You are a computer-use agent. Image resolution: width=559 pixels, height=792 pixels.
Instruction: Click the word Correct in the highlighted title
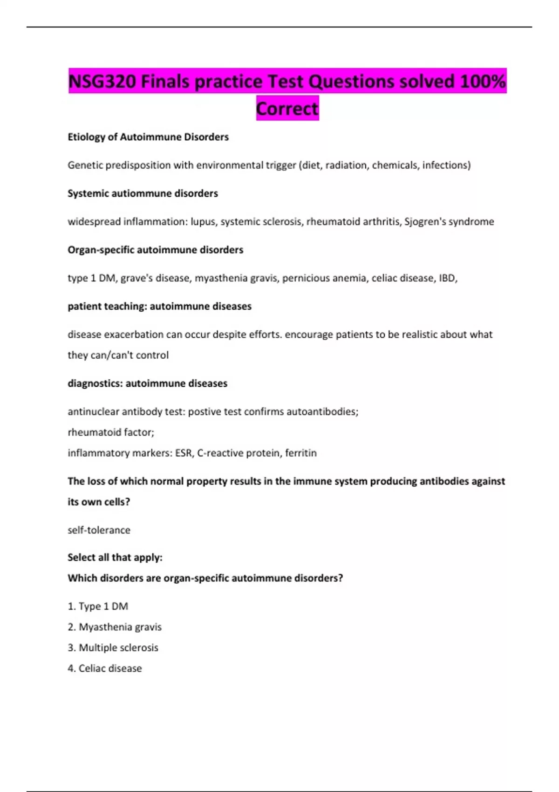pos(287,109)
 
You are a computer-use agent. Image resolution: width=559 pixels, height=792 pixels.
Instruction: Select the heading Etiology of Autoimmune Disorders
pos(148,137)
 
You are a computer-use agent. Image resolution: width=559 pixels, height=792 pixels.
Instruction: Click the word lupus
pos(203,221)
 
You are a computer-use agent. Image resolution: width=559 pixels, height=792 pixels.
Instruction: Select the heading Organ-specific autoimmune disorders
pos(155,250)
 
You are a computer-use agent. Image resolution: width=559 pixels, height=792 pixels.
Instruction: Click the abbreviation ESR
pos(184,453)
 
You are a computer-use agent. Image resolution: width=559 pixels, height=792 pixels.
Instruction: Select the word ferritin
pos(301,453)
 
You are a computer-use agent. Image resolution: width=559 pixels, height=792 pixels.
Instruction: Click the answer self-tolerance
pos(99,530)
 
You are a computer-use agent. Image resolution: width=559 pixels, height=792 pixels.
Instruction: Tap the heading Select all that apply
pos(115,557)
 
